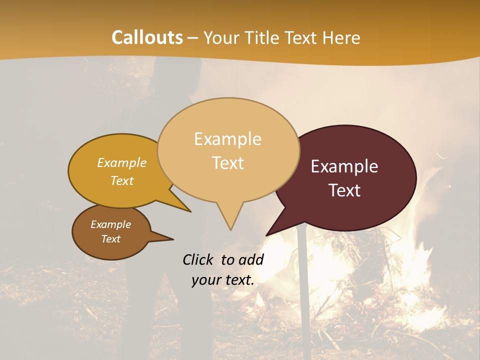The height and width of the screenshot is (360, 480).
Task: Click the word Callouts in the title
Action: pos(147,37)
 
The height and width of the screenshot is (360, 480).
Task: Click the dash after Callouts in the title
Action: pos(193,38)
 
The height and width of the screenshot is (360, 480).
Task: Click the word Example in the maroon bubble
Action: pos(344,166)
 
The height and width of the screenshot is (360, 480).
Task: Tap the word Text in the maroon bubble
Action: pos(344,190)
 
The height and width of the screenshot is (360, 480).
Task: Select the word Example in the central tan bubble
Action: pos(227,138)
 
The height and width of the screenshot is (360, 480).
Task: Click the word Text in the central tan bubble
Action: pos(227,163)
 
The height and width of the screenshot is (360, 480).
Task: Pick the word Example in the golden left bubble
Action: pos(121,162)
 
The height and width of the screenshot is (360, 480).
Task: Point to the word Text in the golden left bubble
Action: pos(121,180)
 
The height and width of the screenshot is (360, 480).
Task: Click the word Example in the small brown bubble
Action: pos(110,224)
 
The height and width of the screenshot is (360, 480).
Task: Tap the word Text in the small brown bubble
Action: pos(110,239)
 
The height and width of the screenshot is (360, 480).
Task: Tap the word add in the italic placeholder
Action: pos(250,259)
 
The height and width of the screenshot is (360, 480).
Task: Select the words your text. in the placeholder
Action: pos(223,280)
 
